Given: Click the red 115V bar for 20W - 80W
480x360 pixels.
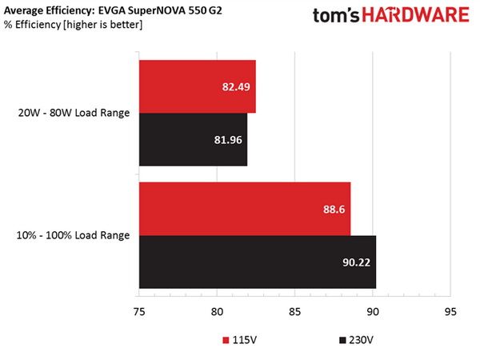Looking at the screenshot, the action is point(198,86).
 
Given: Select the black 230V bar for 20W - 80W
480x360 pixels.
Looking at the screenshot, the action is point(193,139).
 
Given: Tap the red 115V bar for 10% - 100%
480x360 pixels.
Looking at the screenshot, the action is point(245,209).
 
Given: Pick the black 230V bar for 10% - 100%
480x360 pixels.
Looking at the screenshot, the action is point(258,262).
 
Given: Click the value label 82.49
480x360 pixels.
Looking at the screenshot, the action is point(236,87).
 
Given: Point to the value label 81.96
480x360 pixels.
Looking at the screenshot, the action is point(228,140).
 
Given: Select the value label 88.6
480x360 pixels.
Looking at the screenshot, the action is point(334,210).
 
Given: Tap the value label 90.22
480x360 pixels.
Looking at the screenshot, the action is point(356,262).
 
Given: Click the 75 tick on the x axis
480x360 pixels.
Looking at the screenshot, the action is point(139,312).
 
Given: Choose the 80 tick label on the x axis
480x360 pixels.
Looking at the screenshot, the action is point(217,312).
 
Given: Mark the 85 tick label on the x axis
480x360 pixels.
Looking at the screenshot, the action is point(294,312).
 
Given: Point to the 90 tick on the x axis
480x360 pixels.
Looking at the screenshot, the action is point(373,312).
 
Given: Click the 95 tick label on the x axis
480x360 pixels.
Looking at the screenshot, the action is point(450,312).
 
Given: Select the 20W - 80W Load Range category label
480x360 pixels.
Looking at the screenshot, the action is point(74,113).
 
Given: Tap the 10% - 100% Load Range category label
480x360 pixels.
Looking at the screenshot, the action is point(73,235).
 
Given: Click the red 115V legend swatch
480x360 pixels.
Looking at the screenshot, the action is point(226,340).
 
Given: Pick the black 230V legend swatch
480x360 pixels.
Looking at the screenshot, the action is point(342,340).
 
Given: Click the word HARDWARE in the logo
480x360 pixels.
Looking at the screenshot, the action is point(416,15).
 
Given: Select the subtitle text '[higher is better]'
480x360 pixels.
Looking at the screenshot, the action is point(103,25).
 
